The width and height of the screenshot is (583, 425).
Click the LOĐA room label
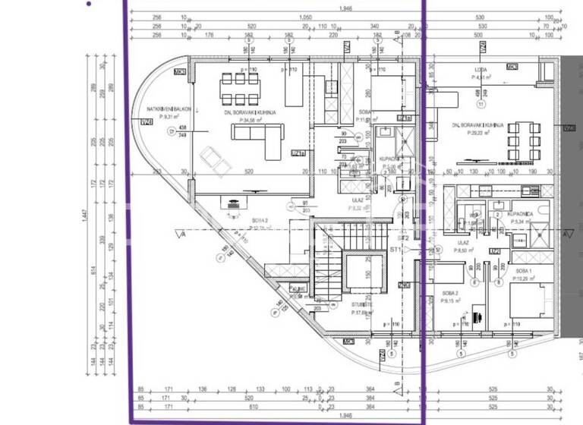(481, 70)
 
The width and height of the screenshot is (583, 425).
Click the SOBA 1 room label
(523, 272)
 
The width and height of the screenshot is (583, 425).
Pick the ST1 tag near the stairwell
(395, 249)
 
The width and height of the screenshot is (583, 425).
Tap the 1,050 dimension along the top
(306, 17)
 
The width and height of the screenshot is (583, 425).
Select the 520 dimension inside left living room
(250, 172)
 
